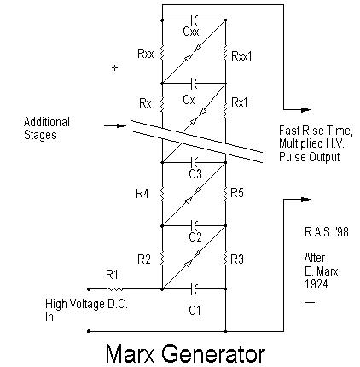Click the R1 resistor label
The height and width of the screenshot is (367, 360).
pyautogui.click(x=112, y=275)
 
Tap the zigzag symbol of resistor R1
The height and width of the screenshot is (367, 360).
pyautogui.click(x=115, y=289)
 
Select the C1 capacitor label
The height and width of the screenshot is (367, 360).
pyautogui.click(x=195, y=310)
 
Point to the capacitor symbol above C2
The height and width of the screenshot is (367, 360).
pyautogui.click(x=195, y=226)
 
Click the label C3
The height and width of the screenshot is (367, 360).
pyautogui.click(x=195, y=173)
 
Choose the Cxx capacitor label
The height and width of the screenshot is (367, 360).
pyautogui.click(x=191, y=31)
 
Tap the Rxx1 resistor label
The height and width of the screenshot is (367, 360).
pyautogui.click(x=241, y=56)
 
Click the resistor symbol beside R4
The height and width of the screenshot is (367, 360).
pyautogui.click(x=162, y=195)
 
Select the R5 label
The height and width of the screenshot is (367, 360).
pyautogui.click(x=237, y=193)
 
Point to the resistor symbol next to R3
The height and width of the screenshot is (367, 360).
pyautogui.click(x=225, y=259)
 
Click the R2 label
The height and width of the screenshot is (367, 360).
pyautogui.click(x=143, y=259)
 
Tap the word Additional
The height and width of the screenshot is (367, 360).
pyautogui.click(x=47, y=122)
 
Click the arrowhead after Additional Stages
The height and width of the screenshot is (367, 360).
pyautogui.click(x=122, y=125)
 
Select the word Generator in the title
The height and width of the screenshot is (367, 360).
pyautogui.click(x=213, y=353)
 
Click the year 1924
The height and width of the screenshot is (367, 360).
pyautogui.click(x=316, y=284)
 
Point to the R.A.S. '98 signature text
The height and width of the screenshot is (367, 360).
pyautogui.click(x=327, y=232)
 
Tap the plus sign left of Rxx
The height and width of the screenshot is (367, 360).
pyautogui.click(x=114, y=68)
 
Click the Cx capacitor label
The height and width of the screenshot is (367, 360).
pyautogui.click(x=189, y=100)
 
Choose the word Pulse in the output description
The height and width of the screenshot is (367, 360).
pyautogui.click(x=292, y=157)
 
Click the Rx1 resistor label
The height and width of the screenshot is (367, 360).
pyautogui.click(x=240, y=102)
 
